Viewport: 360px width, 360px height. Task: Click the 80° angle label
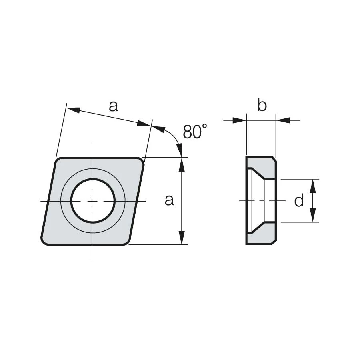point(195,131)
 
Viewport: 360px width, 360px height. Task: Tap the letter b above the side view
point(262,105)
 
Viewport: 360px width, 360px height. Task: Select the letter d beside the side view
point(299,200)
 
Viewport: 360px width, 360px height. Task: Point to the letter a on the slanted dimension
point(114,106)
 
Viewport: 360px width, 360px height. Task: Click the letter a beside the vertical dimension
point(169,200)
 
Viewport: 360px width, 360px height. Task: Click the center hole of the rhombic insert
point(92,201)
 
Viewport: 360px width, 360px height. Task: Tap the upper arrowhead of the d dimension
point(313,186)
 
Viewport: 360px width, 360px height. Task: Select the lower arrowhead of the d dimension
point(313,215)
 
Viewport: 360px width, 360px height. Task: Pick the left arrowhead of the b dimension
point(239,120)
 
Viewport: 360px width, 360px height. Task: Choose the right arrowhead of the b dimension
point(283,120)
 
